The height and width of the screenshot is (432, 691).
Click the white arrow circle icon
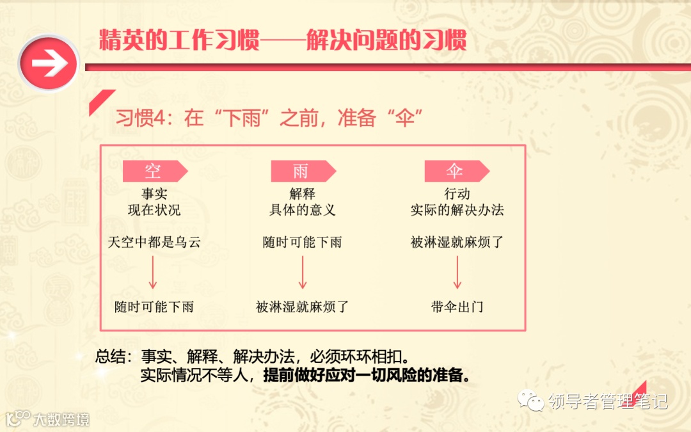[49, 65]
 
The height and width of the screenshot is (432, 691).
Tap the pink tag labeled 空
[154, 171]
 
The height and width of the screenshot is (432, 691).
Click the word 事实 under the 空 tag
[154, 194]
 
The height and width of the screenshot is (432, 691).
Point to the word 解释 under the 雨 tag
[302, 194]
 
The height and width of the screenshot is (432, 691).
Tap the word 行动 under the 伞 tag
[457, 194]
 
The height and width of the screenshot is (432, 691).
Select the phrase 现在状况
[154, 210]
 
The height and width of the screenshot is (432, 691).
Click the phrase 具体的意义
[302, 210]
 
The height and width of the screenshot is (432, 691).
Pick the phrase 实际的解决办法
[457, 210]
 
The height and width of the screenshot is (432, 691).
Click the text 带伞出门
[457, 307]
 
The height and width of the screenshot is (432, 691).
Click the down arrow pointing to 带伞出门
[457, 273]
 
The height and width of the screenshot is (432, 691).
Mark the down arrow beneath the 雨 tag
[303, 273]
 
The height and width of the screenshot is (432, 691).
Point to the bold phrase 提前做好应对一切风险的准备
[367, 375]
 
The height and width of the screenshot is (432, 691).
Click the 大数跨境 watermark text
[61, 419]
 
